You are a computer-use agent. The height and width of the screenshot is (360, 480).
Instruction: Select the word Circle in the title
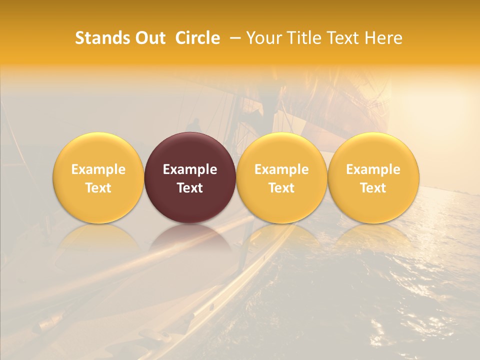pos(197,38)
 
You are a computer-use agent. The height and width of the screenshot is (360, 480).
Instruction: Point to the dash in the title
pos(233,38)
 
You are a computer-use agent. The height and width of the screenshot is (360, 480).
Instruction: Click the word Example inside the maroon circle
pos(190,169)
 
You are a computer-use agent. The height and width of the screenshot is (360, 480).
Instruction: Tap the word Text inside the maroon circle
pos(190,188)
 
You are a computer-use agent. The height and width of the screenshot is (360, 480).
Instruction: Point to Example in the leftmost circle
pos(98,169)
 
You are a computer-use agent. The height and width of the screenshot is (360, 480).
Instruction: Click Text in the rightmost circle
pos(373,188)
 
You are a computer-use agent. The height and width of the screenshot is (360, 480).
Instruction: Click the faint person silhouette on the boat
pos(193,125)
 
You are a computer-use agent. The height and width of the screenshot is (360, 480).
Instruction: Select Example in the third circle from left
pos(281,169)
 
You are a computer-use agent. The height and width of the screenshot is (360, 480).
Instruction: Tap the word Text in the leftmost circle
pos(98,188)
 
